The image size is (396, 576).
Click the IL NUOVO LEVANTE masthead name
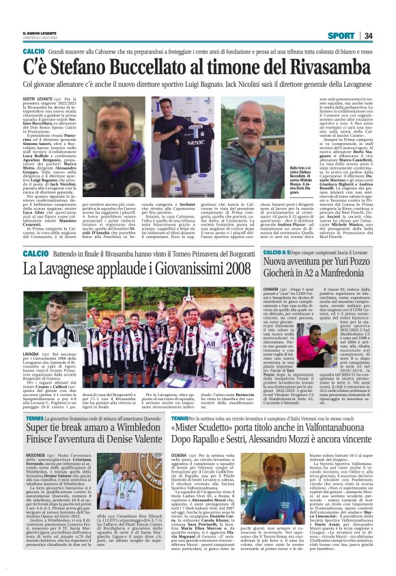tap(40, 34)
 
